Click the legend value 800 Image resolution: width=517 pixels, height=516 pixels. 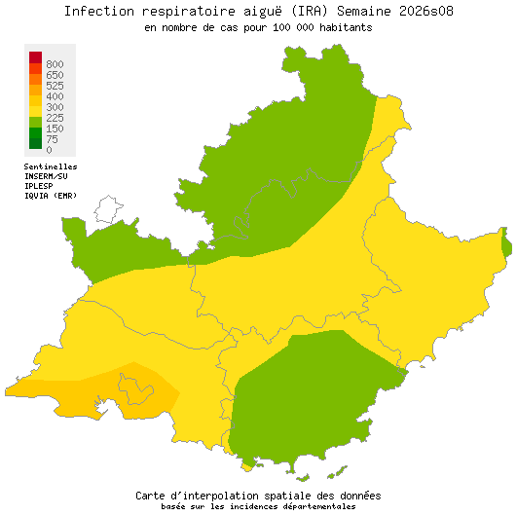[55, 64]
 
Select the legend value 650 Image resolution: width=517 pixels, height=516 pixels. [55, 75]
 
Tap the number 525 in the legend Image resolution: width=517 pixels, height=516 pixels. [55, 86]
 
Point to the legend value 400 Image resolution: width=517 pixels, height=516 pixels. [55, 96]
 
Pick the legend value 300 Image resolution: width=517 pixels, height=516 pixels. [55, 107]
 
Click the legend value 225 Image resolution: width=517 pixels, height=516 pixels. [55, 118]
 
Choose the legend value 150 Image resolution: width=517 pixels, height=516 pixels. [55, 129]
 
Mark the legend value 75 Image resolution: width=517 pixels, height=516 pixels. [52, 139]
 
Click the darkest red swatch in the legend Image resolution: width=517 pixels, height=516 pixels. [35, 56]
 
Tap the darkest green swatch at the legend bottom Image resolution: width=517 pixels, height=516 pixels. [35, 142]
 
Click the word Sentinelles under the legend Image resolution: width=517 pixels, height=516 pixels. [51, 166]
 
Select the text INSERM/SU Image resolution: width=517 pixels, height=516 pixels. [46, 176]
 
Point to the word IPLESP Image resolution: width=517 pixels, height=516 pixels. [39, 186]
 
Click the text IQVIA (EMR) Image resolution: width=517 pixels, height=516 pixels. [51, 196]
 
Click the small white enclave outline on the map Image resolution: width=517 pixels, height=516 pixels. [107, 209]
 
